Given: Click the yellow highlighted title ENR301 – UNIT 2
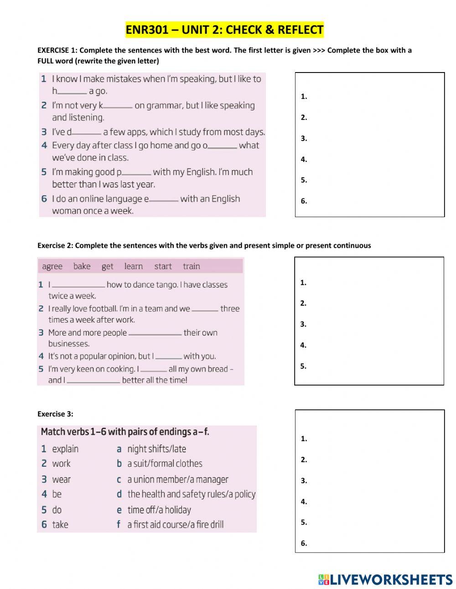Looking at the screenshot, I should [x=224, y=30].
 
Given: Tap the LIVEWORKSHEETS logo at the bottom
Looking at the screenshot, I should [x=385, y=579].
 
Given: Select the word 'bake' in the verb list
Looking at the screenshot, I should [x=82, y=266].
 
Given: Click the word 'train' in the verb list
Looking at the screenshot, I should [x=192, y=266].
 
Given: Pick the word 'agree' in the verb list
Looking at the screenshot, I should [x=52, y=266].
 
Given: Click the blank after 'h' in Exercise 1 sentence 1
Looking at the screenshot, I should [x=72, y=92].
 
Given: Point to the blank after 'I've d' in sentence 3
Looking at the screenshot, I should [x=87, y=133].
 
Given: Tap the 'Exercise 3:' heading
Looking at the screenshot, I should [x=55, y=414].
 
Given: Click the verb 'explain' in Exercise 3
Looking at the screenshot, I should [x=65, y=449].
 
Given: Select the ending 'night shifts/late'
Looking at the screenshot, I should [x=156, y=449].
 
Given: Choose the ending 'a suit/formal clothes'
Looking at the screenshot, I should [x=165, y=464].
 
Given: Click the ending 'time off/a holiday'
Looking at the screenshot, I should [x=159, y=510].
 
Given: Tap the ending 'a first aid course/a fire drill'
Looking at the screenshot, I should [x=176, y=525].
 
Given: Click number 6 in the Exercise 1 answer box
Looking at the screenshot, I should [x=304, y=201].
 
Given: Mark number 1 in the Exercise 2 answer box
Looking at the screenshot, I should [x=303, y=282].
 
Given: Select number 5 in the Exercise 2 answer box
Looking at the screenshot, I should [x=303, y=366].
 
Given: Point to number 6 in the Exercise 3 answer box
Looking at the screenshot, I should [x=304, y=543].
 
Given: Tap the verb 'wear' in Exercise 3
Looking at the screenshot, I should [x=62, y=480].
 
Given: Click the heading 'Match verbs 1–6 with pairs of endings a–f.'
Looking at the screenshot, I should [x=125, y=432].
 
